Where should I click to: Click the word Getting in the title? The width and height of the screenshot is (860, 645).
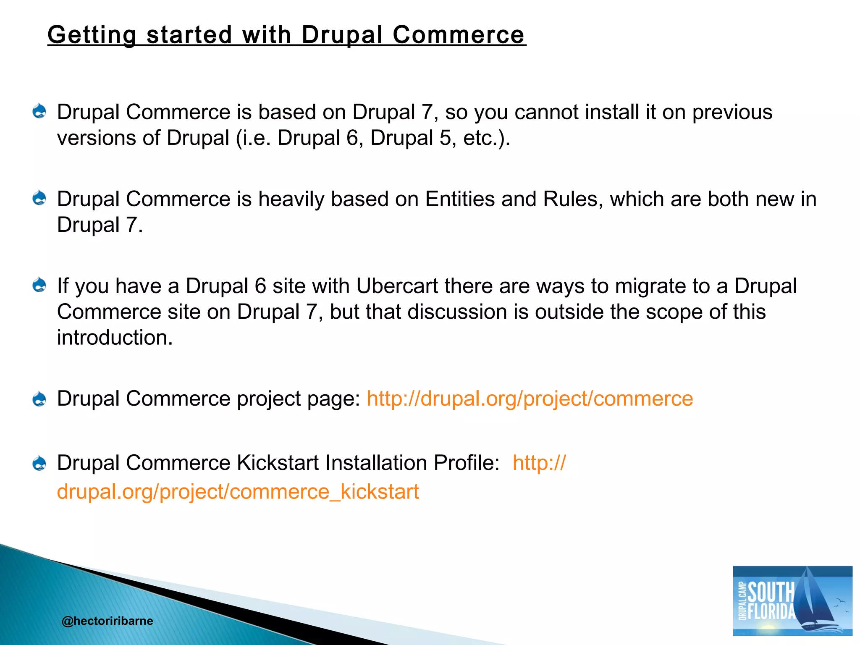tap(92, 34)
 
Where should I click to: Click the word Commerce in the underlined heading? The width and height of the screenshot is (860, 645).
tap(458, 34)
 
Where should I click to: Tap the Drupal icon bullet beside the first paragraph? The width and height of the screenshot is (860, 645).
tap(39, 111)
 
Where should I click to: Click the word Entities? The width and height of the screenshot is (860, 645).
tap(460, 199)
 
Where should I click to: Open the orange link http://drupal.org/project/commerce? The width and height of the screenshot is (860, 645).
tap(530, 399)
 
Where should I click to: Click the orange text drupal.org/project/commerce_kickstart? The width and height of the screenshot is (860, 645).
tap(238, 492)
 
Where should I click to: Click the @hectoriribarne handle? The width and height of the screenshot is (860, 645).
tap(107, 621)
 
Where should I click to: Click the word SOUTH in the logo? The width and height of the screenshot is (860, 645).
tap(771, 592)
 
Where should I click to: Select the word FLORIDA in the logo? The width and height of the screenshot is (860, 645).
tap(772, 611)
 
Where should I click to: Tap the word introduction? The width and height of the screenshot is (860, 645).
tap(115, 338)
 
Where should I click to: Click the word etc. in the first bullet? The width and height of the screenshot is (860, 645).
tap(480, 138)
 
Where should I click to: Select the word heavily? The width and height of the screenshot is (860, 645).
tap(291, 199)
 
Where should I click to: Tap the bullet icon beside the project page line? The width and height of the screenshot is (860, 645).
tap(39, 399)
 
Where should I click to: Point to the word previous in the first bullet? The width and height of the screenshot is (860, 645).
tap(732, 112)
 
